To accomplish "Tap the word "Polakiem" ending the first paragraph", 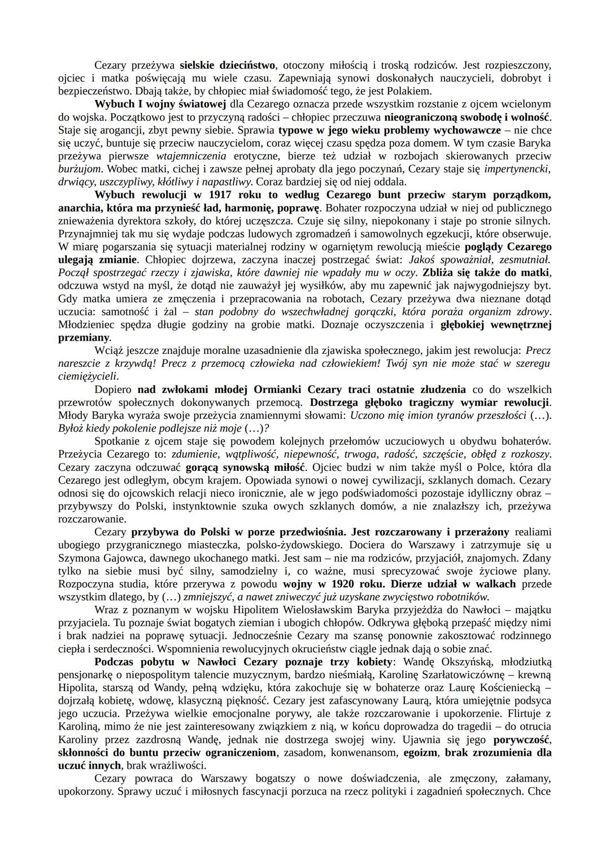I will tap(412, 91).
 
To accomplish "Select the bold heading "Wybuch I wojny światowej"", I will tap(160, 104).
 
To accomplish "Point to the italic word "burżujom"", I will tap(81, 169).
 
